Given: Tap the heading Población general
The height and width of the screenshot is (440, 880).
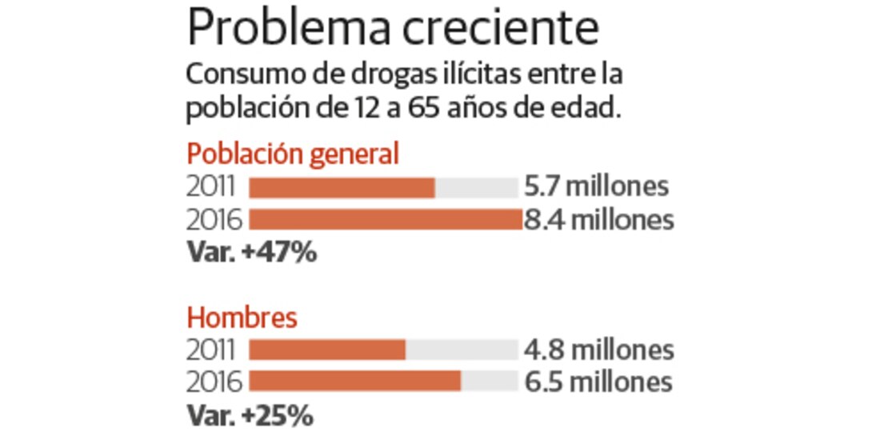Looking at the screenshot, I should click(292, 154).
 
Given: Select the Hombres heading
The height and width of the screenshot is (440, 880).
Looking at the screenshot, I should click(242, 318).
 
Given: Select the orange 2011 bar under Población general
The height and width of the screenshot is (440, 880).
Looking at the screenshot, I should click(342, 188).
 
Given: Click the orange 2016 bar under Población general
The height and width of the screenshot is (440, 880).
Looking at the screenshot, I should click(385, 220).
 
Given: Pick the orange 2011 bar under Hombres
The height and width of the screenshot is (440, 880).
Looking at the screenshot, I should click(327, 350).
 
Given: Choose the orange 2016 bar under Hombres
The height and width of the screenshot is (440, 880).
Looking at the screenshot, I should click(355, 382).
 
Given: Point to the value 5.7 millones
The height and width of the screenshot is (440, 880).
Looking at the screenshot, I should click(596, 187).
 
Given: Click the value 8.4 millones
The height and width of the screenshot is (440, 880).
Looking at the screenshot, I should click(598, 219).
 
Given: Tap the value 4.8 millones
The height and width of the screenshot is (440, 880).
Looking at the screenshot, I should click(598, 350).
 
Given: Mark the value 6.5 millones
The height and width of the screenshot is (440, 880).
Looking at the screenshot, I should click(598, 382).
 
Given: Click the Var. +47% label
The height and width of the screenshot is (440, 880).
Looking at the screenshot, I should click(251, 253).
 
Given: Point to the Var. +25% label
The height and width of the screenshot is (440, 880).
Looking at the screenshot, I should click(250, 416).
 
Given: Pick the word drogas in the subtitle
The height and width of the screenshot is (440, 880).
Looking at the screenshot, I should click(377, 77).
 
